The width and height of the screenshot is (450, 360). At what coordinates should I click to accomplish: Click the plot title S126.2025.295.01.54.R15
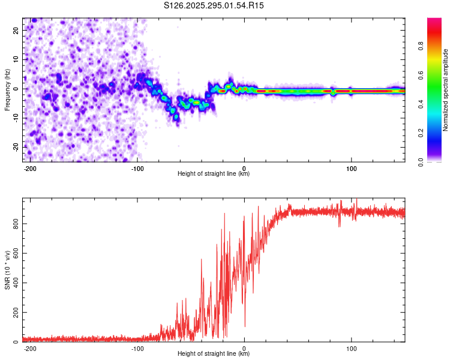214,5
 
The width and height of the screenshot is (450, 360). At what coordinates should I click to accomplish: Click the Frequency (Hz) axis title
7,89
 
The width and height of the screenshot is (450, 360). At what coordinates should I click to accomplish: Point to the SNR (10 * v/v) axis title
7,270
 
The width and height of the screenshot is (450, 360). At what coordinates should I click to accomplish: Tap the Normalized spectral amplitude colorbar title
446,90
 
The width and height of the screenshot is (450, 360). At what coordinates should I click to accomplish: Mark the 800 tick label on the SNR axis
14,223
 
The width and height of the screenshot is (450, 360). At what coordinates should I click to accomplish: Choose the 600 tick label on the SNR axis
14,253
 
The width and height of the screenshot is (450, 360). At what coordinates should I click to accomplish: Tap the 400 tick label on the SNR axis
14,283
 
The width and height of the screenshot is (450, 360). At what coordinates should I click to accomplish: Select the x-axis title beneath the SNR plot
214,354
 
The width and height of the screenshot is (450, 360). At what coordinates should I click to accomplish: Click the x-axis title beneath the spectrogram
214,174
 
